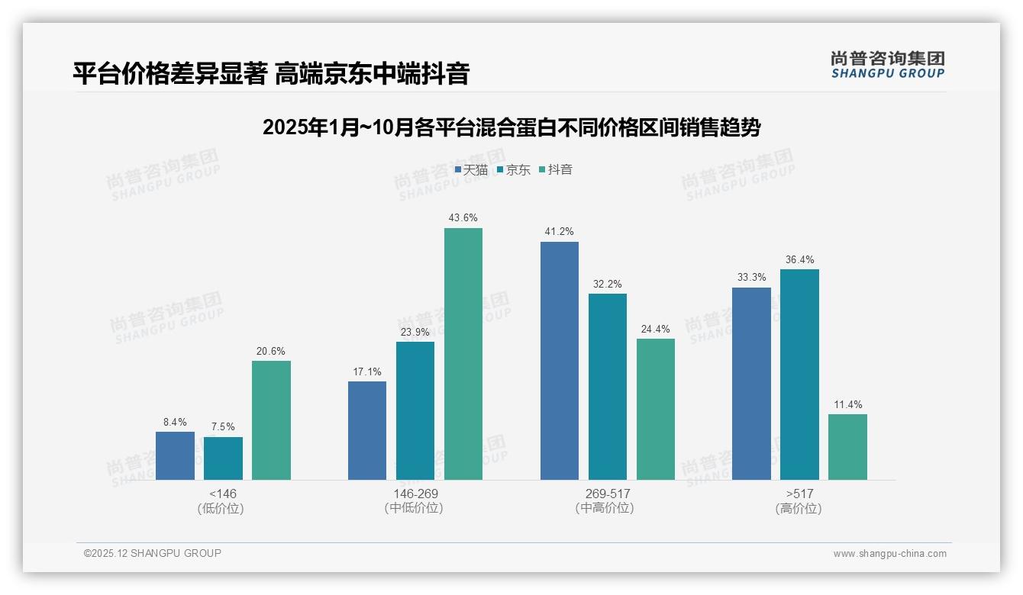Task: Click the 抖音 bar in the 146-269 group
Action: (463, 354)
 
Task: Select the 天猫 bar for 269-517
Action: (560, 361)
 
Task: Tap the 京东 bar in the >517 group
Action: (799, 375)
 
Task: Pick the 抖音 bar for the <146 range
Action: (271, 420)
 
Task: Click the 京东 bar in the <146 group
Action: (223, 458)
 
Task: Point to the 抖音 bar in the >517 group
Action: (847, 447)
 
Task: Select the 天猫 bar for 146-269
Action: (367, 431)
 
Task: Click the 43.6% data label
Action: (463, 218)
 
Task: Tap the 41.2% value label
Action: (560, 232)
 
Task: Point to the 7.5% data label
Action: (223, 427)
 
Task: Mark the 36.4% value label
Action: (799, 259)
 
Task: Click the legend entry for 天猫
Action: (471, 170)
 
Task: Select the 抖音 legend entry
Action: (556, 170)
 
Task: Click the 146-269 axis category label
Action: (415, 494)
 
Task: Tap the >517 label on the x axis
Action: (799, 494)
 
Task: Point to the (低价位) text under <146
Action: (221, 508)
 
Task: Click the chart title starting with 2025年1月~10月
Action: (511, 127)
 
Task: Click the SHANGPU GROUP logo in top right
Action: (887, 65)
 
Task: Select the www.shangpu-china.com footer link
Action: (889, 554)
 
